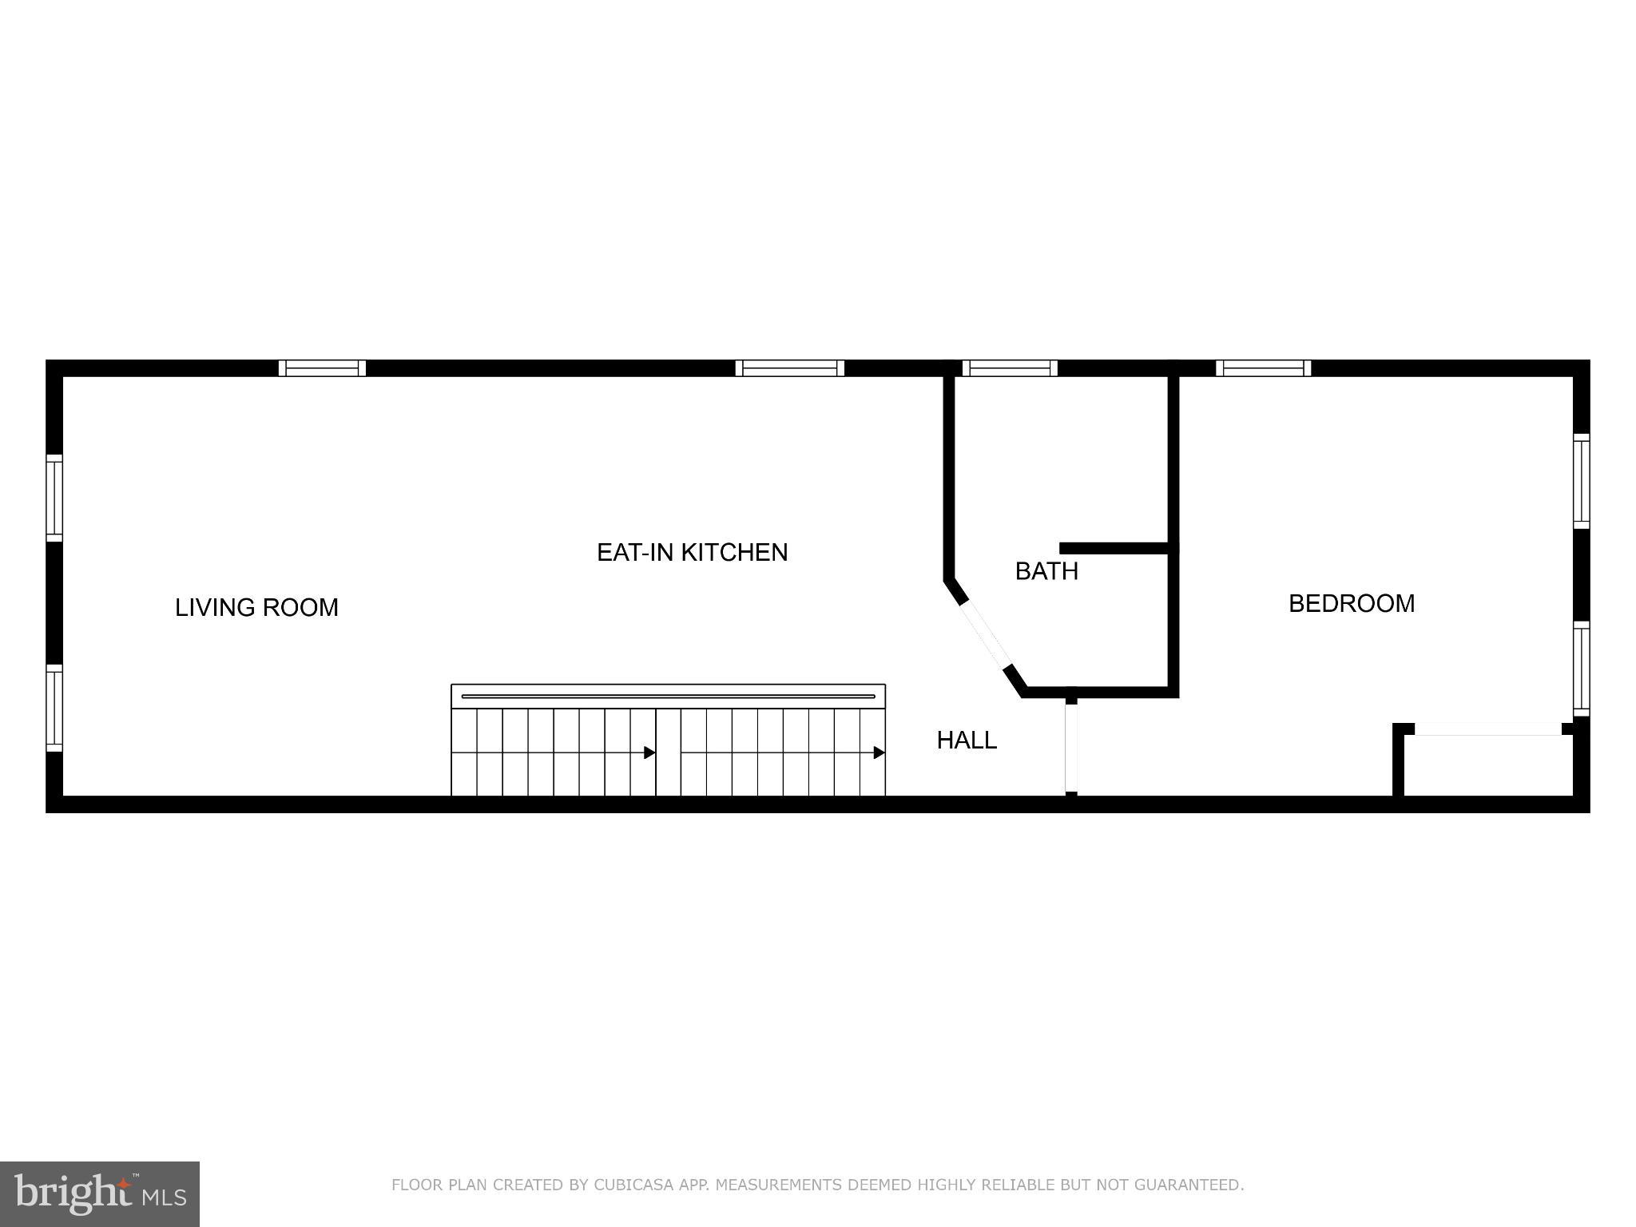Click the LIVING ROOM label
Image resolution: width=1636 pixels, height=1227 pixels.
pos(256,608)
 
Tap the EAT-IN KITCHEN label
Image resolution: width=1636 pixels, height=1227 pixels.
pos(692,553)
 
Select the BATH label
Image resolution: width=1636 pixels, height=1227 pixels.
pos(1046,572)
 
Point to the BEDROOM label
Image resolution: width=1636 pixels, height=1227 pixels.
pos(1352,604)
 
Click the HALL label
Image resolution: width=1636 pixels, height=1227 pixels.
pos(967,741)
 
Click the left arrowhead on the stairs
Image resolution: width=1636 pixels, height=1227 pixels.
pos(649,752)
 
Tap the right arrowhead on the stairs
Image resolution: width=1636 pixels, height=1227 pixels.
pos(879,752)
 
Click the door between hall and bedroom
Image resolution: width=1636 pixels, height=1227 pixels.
pos(1071,748)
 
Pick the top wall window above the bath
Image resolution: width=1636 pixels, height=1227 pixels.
pos(1010,368)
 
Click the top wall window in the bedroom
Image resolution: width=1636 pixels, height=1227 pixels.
pos(1263,368)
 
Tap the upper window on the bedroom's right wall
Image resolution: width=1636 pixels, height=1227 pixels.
pos(1581,481)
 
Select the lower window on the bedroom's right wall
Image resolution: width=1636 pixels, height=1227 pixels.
pos(1581,669)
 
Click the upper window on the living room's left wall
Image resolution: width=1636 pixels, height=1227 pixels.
pos(54,498)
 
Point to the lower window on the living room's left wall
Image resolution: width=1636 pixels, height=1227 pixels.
pos(54,708)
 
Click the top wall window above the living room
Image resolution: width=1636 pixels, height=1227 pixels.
pos(322,368)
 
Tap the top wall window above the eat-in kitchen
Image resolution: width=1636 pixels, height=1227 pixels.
pos(789,368)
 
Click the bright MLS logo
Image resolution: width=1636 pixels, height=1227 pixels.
pos(100,1193)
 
